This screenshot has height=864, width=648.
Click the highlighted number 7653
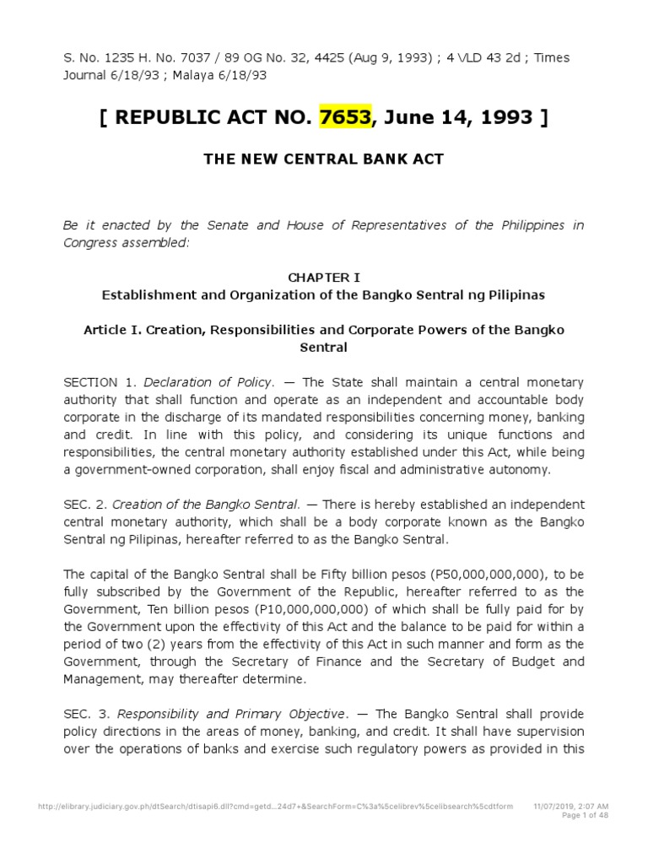tap(345, 116)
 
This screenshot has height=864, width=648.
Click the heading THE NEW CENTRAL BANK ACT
tap(323, 159)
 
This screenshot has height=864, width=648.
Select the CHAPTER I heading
tap(323, 277)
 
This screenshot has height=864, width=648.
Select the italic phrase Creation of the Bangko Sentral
tap(208, 505)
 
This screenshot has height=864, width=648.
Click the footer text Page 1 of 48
tap(584, 815)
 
